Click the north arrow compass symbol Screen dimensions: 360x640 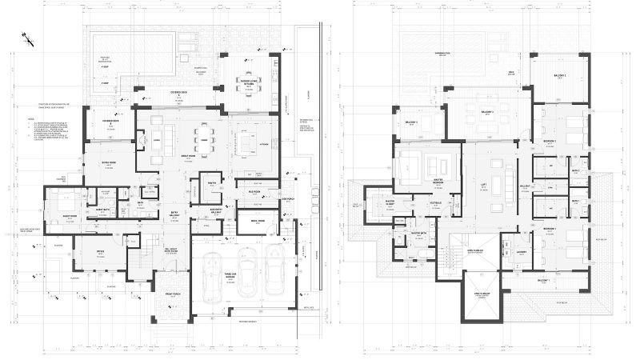(26, 37)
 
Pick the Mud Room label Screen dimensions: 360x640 (257, 192)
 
